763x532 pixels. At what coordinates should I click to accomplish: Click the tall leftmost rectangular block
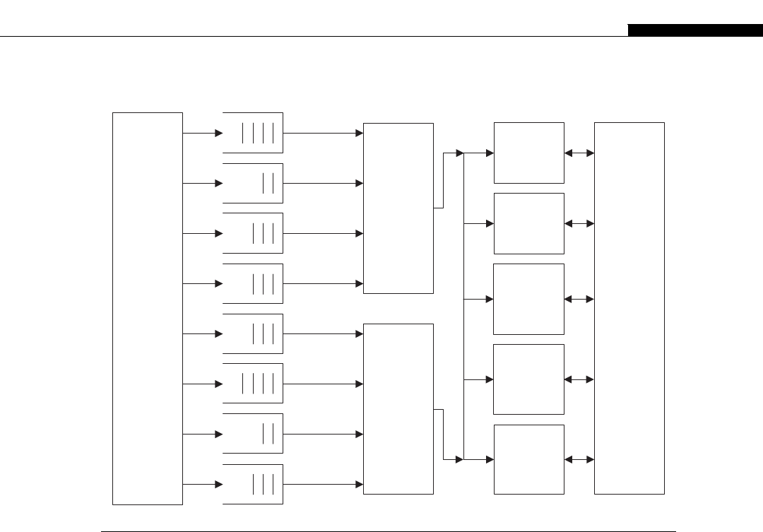pos(148,308)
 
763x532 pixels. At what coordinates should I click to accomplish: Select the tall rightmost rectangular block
pos(629,308)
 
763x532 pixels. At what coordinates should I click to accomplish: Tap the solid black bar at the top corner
pos(695,30)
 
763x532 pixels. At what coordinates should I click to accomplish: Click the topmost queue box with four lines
pos(253,132)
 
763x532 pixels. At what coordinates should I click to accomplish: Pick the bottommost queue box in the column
pos(253,484)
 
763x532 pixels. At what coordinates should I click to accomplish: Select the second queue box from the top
pos(253,183)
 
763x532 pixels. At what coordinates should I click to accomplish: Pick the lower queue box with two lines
pos(253,433)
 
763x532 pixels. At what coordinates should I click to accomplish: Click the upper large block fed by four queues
pos(398,208)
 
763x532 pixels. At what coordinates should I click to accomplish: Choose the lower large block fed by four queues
pos(398,409)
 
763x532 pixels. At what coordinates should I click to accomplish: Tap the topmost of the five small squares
pos(529,153)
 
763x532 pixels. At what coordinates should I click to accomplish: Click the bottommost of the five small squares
pos(529,459)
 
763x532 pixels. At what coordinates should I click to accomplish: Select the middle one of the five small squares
pos(529,299)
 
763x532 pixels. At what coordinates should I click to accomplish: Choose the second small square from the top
pos(529,223)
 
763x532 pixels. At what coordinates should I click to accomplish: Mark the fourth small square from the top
pos(529,379)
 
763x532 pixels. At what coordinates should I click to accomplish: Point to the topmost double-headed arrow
pos(579,153)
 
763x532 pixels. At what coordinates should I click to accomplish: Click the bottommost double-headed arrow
pos(579,459)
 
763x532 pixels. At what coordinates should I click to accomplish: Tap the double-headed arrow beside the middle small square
pos(579,299)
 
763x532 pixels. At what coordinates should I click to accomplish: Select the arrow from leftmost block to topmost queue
pos(203,132)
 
